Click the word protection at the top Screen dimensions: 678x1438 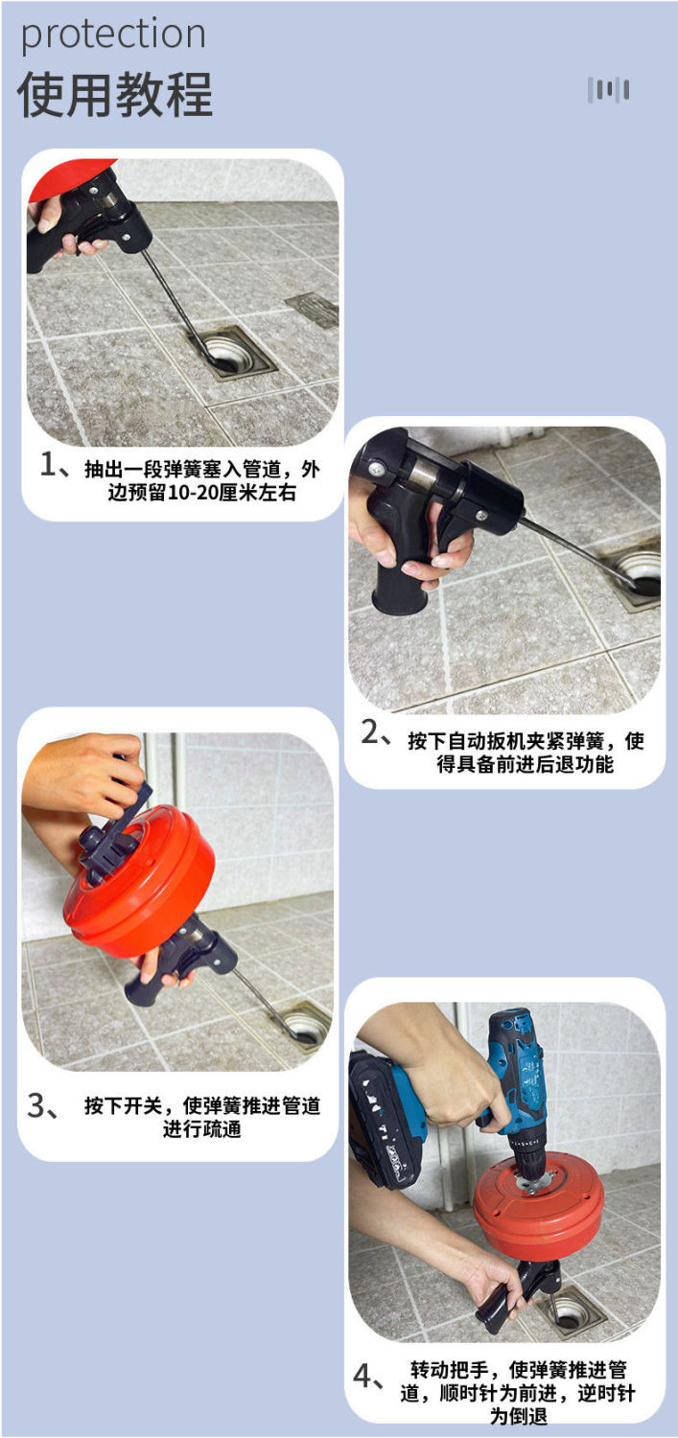click(113, 35)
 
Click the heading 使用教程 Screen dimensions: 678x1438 click(114, 95)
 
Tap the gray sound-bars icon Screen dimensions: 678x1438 click(608, 90)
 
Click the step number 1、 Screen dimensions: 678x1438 click(55, 465)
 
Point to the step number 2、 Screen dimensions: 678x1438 click(376, 732)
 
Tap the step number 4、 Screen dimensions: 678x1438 click(369, 1377)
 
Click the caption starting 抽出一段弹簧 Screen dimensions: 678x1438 click(201, 481)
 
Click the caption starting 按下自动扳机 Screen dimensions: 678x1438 click(526, 753)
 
